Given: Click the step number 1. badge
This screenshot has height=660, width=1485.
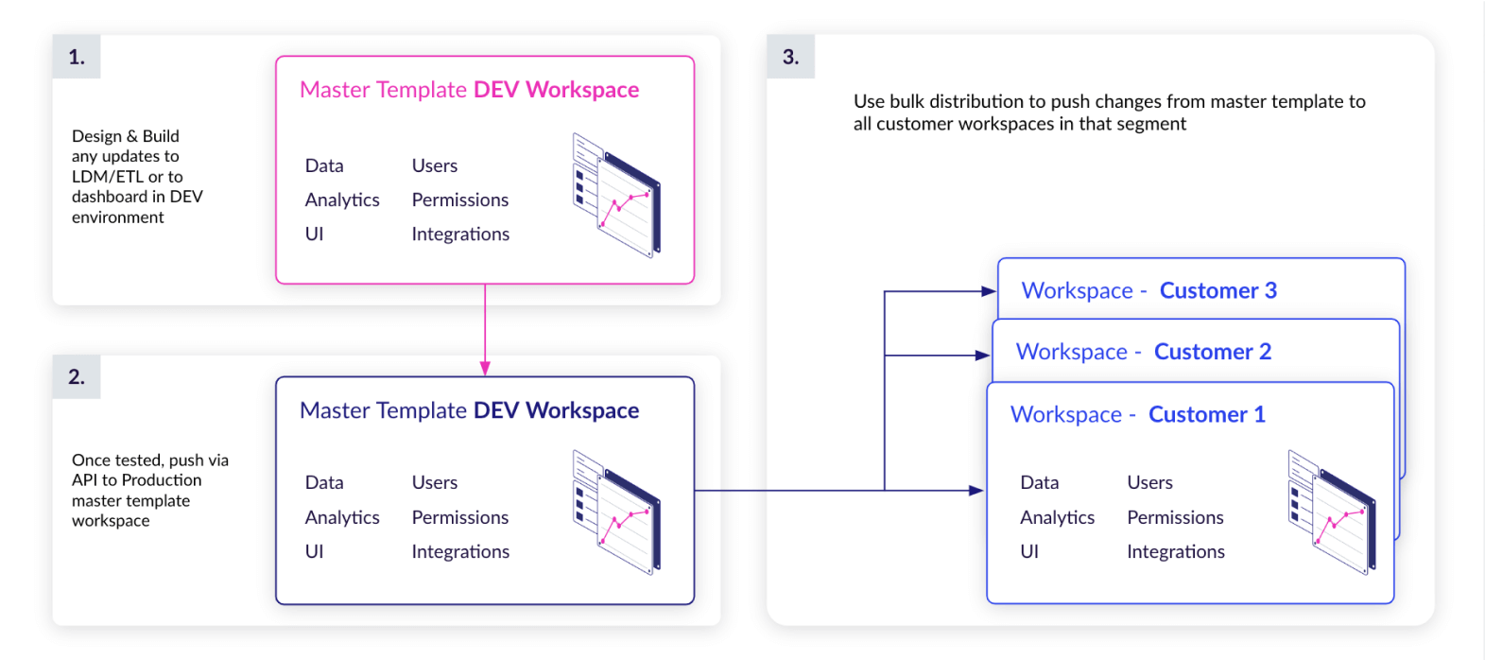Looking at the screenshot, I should (x=77, y=57).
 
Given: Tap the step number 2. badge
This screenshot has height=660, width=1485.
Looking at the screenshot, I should (x=77, y=376).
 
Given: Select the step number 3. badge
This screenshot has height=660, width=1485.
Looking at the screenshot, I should (x=790, y=57).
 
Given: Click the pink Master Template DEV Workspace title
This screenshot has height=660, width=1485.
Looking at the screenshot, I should (x=469, y=90).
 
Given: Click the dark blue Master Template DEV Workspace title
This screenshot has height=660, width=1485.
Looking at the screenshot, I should (x=469, y=410).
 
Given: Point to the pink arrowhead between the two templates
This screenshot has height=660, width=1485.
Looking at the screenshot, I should (x=485, y=368).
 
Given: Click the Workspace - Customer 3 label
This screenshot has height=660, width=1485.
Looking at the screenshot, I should (x=1148, y=290).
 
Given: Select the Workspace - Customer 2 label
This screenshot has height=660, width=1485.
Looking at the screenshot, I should (x=1143, y=352).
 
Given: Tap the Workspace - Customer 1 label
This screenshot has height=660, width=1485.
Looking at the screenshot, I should (x=1137, y=414).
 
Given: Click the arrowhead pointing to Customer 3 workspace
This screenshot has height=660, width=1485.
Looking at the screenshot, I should (x=989, y=291).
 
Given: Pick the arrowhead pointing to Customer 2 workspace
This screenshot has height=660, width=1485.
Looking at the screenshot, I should (x=983, y=356).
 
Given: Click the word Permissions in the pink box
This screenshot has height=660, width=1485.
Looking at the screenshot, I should (x=459, y=200).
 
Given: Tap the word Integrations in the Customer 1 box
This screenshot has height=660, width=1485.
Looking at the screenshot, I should (x=1175, y=551).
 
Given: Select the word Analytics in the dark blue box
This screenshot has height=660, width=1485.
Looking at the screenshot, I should (x=342, y=517).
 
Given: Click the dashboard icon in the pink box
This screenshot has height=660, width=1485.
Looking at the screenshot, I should (x=616, y=195).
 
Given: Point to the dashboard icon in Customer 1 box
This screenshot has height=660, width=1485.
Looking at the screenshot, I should (x=1332, y=512).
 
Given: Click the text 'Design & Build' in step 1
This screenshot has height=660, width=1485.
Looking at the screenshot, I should (x=125, y=136).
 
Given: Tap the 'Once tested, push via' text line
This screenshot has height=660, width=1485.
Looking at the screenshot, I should (x=149, y=460).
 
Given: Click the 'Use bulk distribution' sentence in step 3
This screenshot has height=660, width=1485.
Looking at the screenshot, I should (x=1109, y=102).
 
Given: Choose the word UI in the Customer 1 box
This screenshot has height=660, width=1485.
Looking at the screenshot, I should (x=1029, y=551).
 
